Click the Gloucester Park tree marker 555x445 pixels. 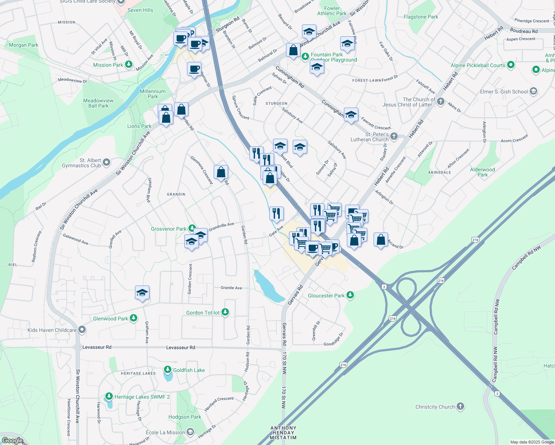pyautogui.click(x=350, y=295)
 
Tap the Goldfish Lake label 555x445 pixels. pyautogui.click(x=189, y=370)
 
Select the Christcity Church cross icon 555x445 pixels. pyautogui.click(x=460, y=406)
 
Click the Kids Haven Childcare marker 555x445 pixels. pyautogui.click(x=82, y=330)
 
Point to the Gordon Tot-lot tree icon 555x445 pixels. pyautogui.click(x=225, y=312)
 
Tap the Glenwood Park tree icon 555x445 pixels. pyautogui.click(x=134, y=318)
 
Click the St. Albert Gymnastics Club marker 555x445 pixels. pyautogui.click(x=106, y=162)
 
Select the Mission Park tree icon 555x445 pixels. pyautogui.click(x=129, y=65)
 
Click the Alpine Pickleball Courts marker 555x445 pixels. pyautogui.click(x=511, y=65)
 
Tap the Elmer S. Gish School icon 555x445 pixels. pyautogui.click(x=533, y=91)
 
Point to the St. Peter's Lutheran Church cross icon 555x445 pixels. pyautogui.click(x=394, y=136)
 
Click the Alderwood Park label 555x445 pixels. pyautogui.click(x=482, y=172)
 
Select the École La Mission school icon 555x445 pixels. pyautogui.click(x=190, y=432)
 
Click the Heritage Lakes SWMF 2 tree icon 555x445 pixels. pyautogui.click(x=109, y=396)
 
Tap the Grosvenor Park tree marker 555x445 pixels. pyautogui.click(x=192, y=228)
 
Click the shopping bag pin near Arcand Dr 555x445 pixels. pyautogui.click(x=381, y=240)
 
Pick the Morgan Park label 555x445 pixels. pyautogui.click(x=23, y=45)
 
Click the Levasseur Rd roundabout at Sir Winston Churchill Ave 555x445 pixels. pyautogui.click(x=78, y=347)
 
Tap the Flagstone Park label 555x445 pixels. pyautogui.click(x=421, y=17)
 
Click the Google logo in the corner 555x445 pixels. pyautogui.click(x=12, y=440)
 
